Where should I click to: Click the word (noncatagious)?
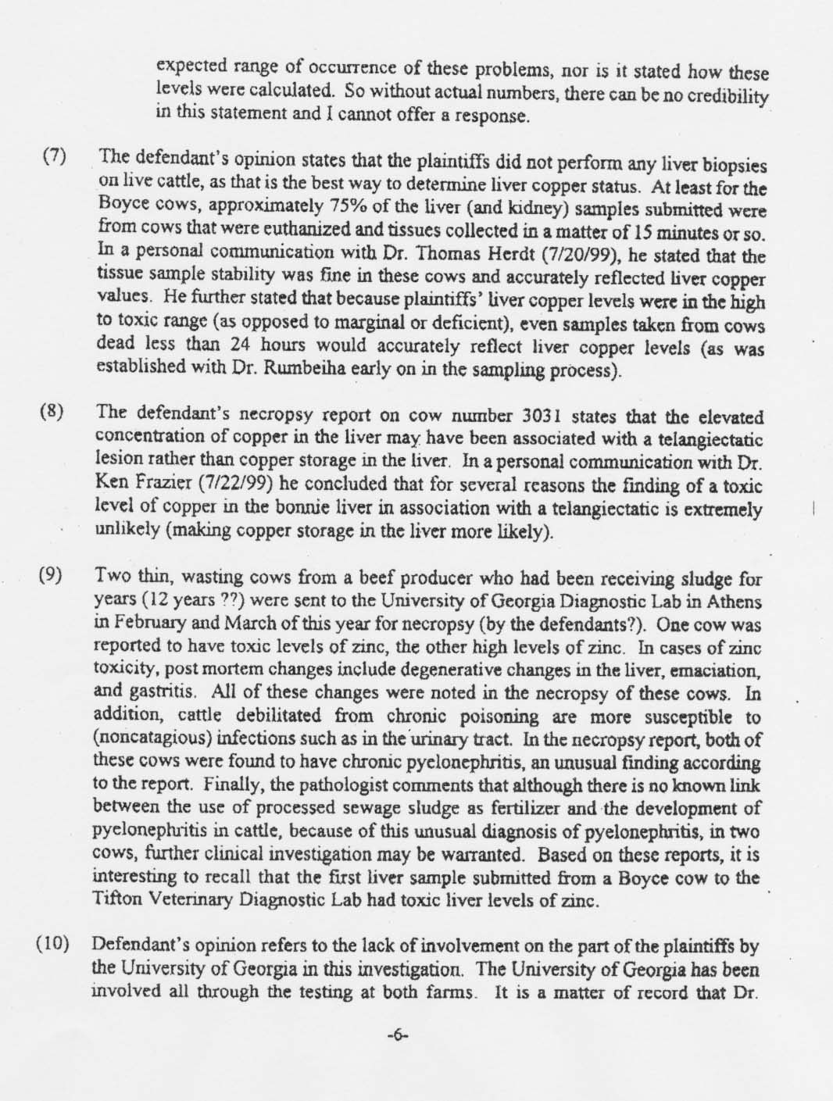(150, 735)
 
